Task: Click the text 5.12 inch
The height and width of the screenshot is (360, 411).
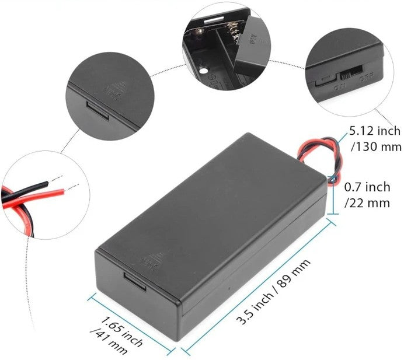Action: coord(375,130)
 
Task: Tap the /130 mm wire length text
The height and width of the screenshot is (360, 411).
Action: coord(376,146)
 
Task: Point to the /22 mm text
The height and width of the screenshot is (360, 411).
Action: coord(367,203)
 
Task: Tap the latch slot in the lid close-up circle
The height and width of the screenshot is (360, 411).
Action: coord(97,110)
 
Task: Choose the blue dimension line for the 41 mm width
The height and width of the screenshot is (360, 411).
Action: coord(131,323)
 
